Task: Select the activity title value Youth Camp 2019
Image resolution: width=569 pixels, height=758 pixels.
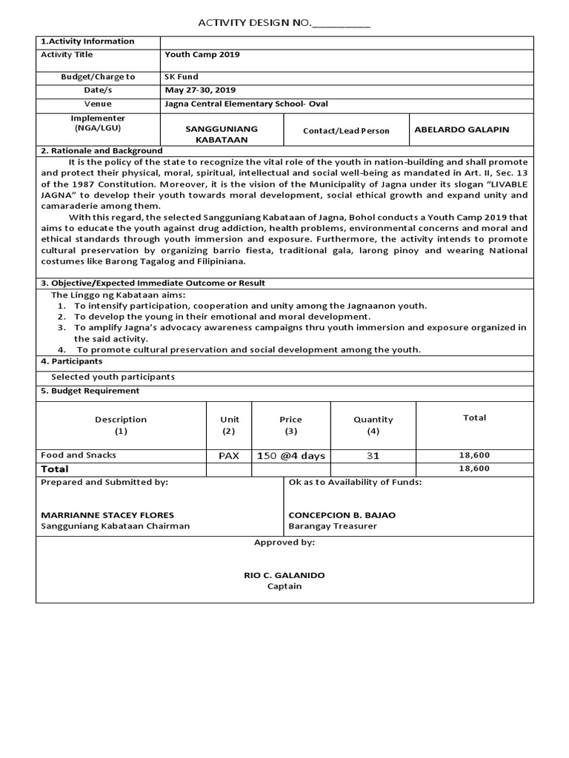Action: coord(202,55)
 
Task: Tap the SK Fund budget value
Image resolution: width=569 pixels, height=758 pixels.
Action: coord(182,76)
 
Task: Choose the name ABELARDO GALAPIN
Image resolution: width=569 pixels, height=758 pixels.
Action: coord(461,130)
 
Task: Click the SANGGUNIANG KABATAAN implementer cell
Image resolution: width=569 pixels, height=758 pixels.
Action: coord(221,134)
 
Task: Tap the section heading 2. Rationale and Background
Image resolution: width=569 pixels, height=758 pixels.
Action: coord(102,151)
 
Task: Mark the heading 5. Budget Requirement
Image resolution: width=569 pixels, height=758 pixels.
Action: coord(90,391)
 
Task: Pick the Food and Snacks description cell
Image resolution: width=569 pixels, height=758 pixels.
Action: coord(79,455)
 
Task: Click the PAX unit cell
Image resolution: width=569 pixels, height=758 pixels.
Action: coord(228,456)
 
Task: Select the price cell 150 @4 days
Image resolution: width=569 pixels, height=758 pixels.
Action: coord(290,456)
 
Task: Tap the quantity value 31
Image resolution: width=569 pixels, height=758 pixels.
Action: coord(373,456)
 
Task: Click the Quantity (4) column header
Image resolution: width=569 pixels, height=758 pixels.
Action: coord(373,425)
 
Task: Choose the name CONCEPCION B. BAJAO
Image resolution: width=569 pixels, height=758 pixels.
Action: coord(342,514)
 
